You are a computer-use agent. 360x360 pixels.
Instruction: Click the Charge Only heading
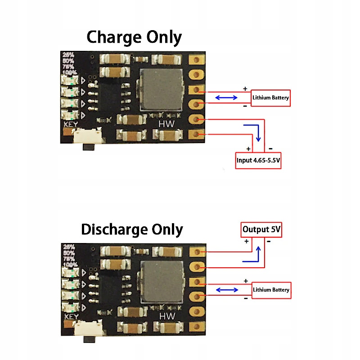134,37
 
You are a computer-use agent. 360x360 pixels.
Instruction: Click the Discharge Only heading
132,230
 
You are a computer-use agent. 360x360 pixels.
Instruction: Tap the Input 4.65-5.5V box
258,160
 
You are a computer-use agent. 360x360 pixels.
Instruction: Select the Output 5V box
261,229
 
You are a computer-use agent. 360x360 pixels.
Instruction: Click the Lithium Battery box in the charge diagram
270,97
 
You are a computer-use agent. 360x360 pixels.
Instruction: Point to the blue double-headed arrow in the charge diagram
226,97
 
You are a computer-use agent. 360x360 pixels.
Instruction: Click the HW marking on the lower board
167,316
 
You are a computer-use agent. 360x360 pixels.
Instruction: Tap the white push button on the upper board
86,135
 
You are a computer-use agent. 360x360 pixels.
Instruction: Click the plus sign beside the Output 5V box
246,241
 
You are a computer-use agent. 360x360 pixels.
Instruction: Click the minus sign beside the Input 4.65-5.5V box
271,148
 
